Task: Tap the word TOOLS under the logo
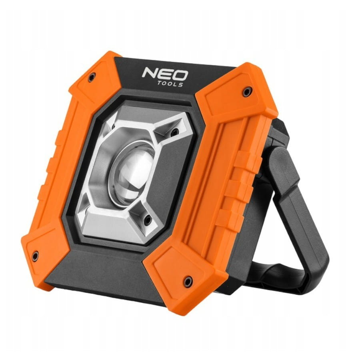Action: click(x=170, y=84)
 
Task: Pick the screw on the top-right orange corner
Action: click(x=248, y=92)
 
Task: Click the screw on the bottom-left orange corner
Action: click(x=35, y=256)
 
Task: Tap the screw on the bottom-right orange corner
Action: click(x=188, y=281)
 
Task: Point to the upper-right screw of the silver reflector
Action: click(x=175, y=132)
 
